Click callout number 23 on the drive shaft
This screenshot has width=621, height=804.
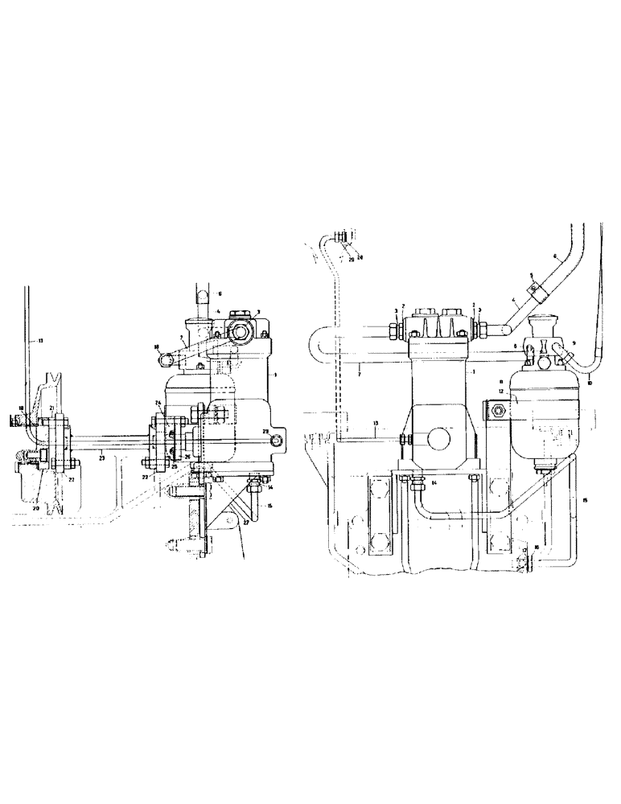click(x=101, y=457)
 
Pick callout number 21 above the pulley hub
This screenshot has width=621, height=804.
click(x=51, y=410)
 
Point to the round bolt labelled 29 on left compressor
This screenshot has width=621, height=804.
click(x=275, y=439)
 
